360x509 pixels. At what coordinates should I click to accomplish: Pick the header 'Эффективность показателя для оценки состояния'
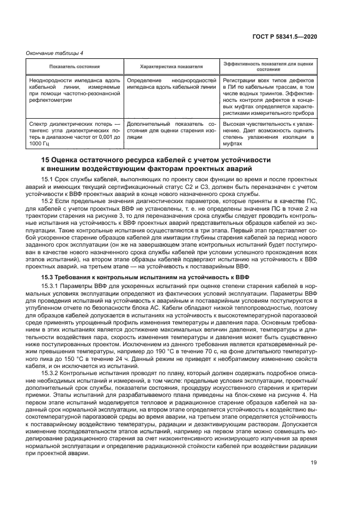270,66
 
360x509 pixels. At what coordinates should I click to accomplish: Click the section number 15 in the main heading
47,160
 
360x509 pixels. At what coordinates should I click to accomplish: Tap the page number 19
314,462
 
